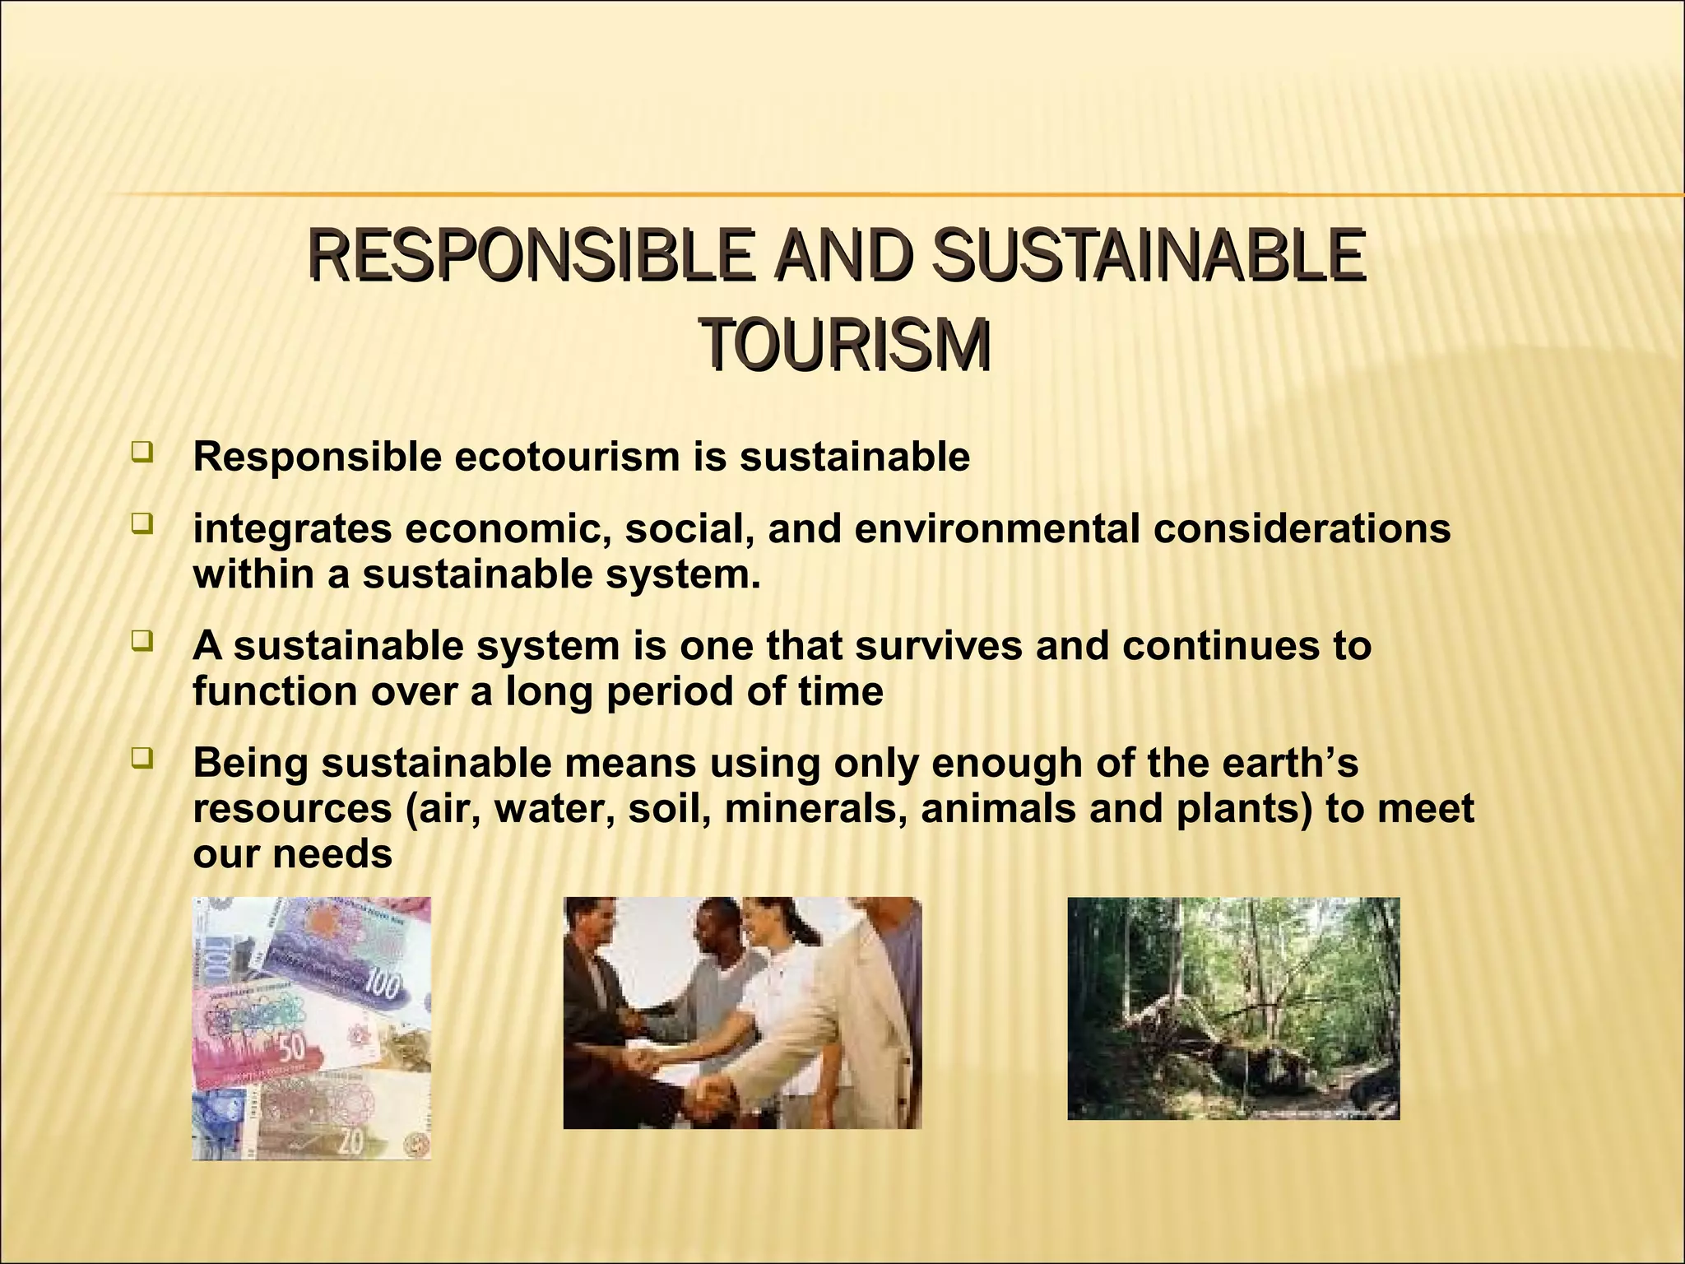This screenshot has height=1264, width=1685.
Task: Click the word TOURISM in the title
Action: [x=846, y=346]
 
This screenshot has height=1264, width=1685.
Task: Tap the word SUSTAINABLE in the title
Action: [x=1148, y=255]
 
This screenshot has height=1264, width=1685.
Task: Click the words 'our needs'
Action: [x=292, y=854]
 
